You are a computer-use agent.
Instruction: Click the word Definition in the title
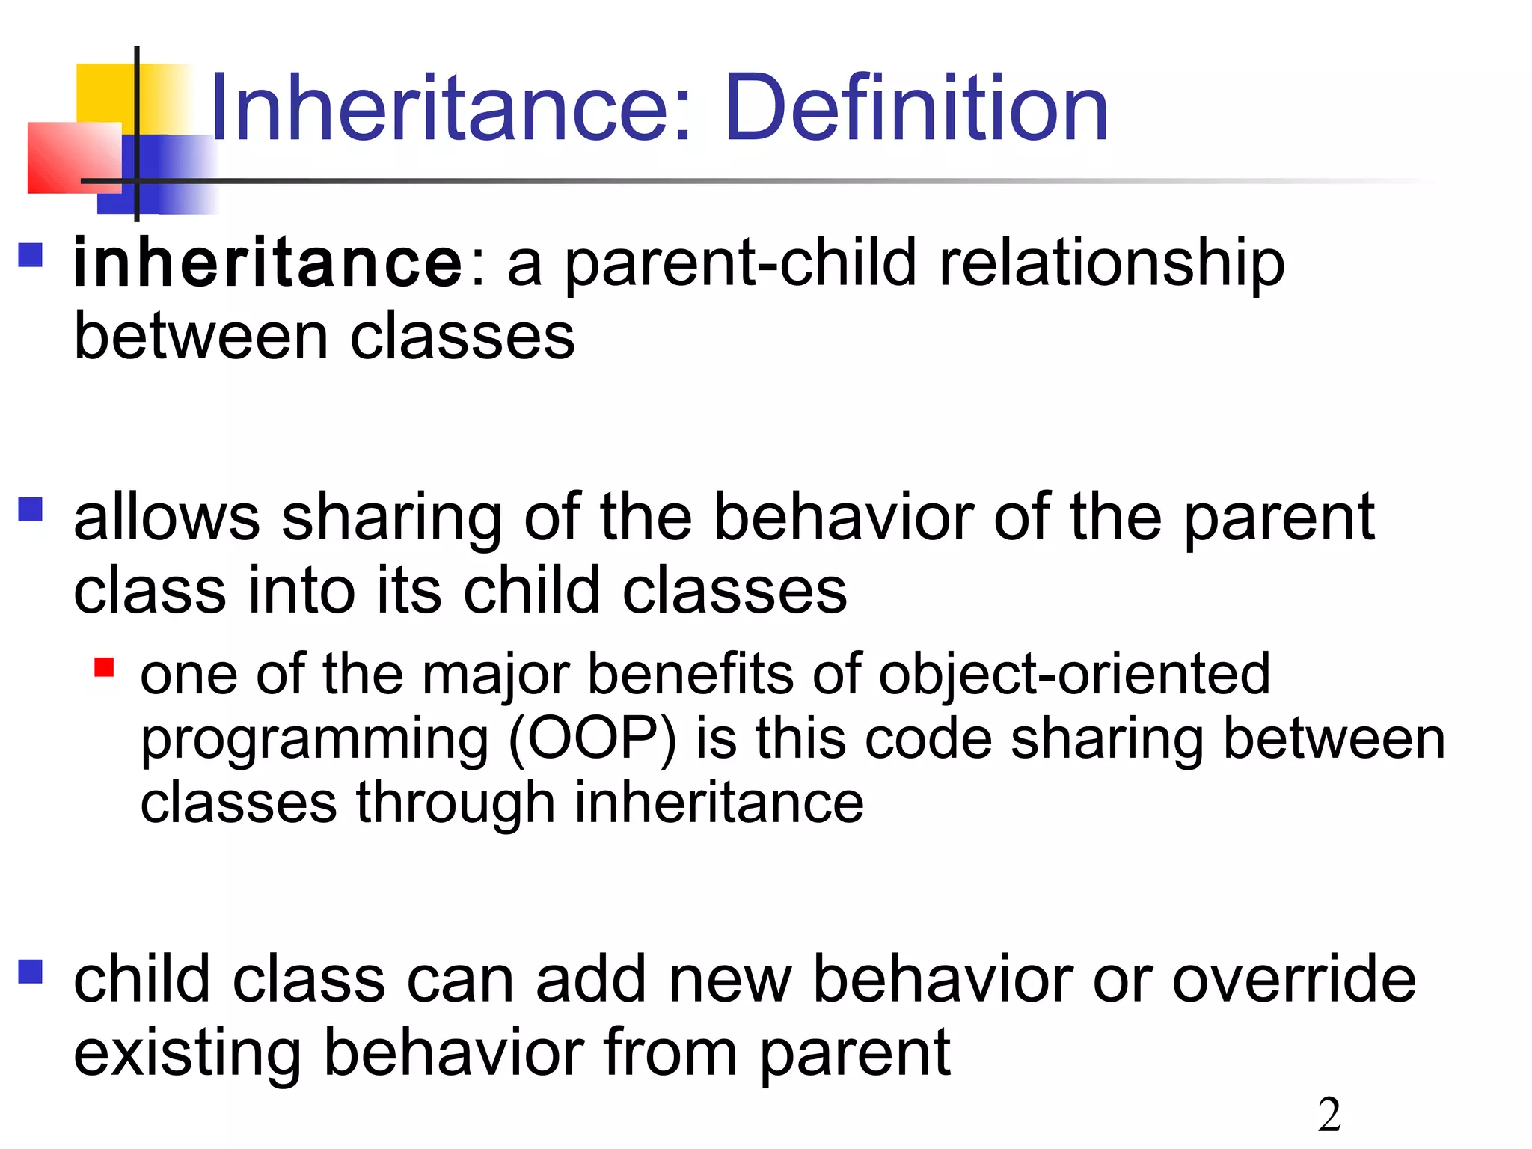tap(916, 108)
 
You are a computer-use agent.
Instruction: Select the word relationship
tap(1112, 263)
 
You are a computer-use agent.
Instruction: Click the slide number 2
tap(1329, 1115)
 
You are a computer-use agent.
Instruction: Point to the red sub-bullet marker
tap(105, 667)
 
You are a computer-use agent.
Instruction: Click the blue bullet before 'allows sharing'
tap(31, 509)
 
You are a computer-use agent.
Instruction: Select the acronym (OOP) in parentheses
tap(592, 739)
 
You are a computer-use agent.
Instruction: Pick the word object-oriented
tap(1074, 675)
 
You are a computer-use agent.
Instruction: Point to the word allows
tap(167, 518)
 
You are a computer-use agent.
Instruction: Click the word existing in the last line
tap(187, 1053)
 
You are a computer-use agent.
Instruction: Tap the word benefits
tap(690, 675)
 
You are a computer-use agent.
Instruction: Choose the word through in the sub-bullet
tap(454, 803)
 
